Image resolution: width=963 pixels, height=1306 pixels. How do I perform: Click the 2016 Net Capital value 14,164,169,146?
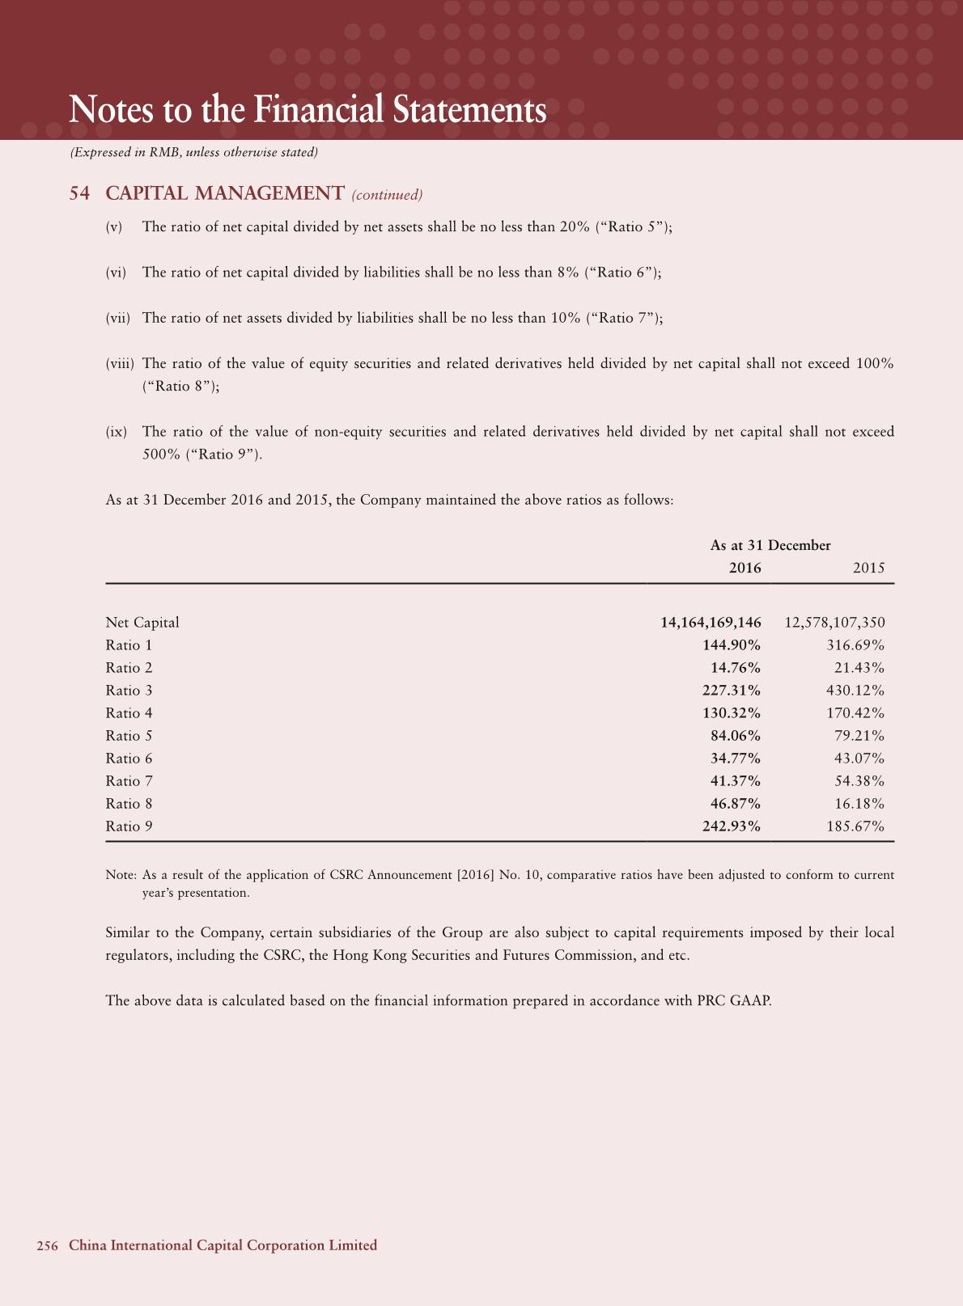point(711,623)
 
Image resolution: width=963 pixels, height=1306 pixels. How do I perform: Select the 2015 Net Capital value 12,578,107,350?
point(834,623)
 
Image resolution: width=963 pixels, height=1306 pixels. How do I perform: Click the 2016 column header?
point(745,568)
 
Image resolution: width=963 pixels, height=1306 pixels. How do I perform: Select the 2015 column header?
point(868,568)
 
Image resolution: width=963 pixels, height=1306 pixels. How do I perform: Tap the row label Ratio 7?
point(129,781)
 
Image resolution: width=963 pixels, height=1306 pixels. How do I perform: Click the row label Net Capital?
point(142,623)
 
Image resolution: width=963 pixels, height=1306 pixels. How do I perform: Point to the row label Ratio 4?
point(129,713)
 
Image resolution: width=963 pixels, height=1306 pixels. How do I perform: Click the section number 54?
point(78,194)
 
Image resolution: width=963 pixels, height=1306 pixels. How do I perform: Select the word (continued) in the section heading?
point(387,195)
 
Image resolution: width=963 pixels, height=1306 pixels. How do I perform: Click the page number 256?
point(47,1246)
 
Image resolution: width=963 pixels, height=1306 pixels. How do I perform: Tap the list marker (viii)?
point(120,364)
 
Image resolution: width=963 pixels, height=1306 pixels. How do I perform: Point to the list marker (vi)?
point(117,273)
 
